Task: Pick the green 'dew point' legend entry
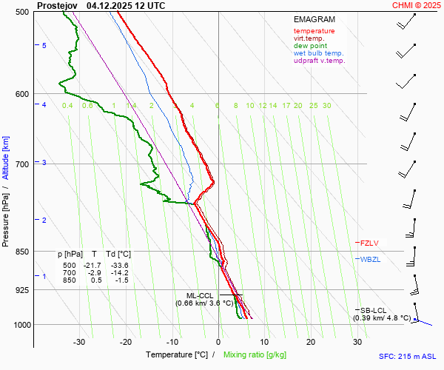[x=310, y=46]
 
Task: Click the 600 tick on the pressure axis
[x=21, y=94]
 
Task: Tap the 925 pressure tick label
[x=21, y=290]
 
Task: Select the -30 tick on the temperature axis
[x=79, y=342]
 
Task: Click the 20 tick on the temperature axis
[x=311, y=342]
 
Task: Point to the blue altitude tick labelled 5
[x=44, y=46]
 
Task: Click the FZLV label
[x=369, y=243]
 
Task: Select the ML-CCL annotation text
[x=201, y=295]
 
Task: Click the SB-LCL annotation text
[x=374, y=310]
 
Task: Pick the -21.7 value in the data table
[x=92, y=266]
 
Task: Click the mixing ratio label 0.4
[x=67, y=106]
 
